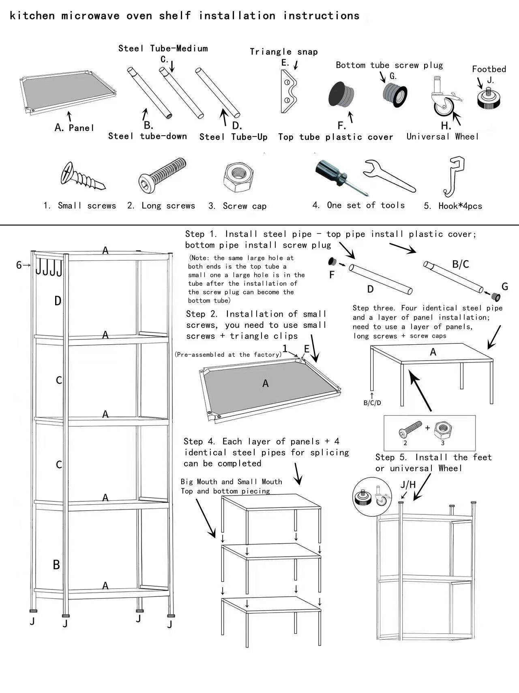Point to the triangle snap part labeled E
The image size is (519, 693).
point(288,91)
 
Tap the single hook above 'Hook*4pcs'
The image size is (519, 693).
point(455,176)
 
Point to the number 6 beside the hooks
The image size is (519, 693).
point(19,265)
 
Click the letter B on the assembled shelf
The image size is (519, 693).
point(56,564)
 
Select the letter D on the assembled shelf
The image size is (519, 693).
point(58,301)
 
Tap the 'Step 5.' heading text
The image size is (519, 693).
point(391,458)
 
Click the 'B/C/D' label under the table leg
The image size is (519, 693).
point(372,403)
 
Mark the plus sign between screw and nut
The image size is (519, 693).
point(427,428)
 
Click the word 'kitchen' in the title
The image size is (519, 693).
point(32,16)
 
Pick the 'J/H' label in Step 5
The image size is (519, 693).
point(408,484)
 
